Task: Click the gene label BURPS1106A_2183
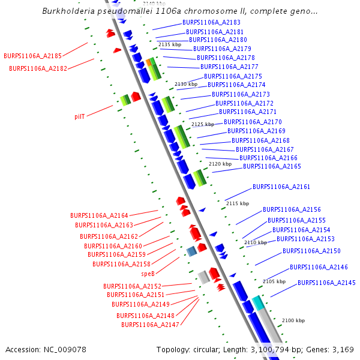[211, 23]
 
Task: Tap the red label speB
[148, 274]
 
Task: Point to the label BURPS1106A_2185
[32, 56]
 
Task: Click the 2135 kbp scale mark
[170, 45]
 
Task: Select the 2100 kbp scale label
[294, 321]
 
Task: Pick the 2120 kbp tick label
[220, 164]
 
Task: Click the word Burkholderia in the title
[67, 11]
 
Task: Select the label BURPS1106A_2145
[326, 283]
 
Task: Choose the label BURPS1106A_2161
[281, 187]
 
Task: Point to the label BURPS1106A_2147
[150, 325]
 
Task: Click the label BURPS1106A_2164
[99, 215]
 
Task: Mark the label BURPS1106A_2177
[229, 67]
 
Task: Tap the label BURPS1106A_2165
[272, 166]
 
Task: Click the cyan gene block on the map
[258, 302]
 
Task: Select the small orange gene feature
[148, 62]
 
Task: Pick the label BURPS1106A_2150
[311, 251]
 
